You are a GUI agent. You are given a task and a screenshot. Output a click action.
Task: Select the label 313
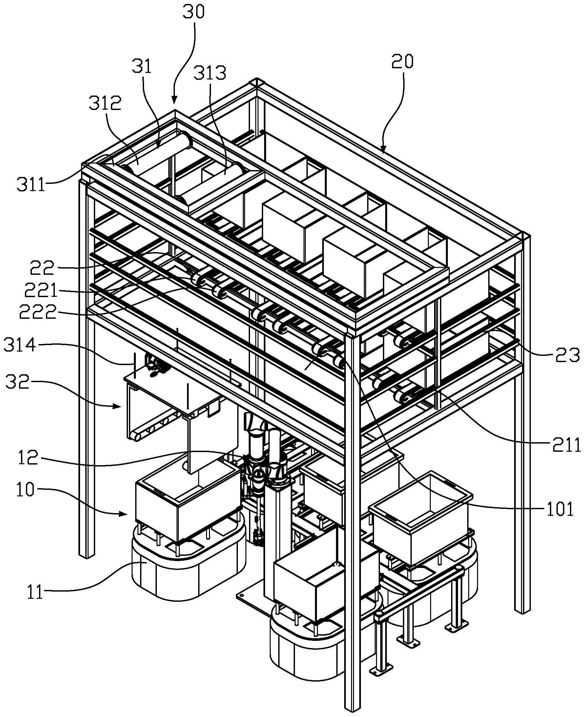(x=210, y=73)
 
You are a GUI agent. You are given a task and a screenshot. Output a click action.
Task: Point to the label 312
(x=105, y=104)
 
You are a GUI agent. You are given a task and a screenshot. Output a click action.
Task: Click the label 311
(x=31, y=185)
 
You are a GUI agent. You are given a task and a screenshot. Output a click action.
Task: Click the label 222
(x=37, y=313)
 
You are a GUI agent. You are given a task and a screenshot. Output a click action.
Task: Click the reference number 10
(x=25, y=491)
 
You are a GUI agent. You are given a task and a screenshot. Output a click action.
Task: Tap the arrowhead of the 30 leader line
(x=174, y=102)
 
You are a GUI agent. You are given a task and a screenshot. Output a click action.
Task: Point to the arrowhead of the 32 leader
(x=121, y=407)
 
